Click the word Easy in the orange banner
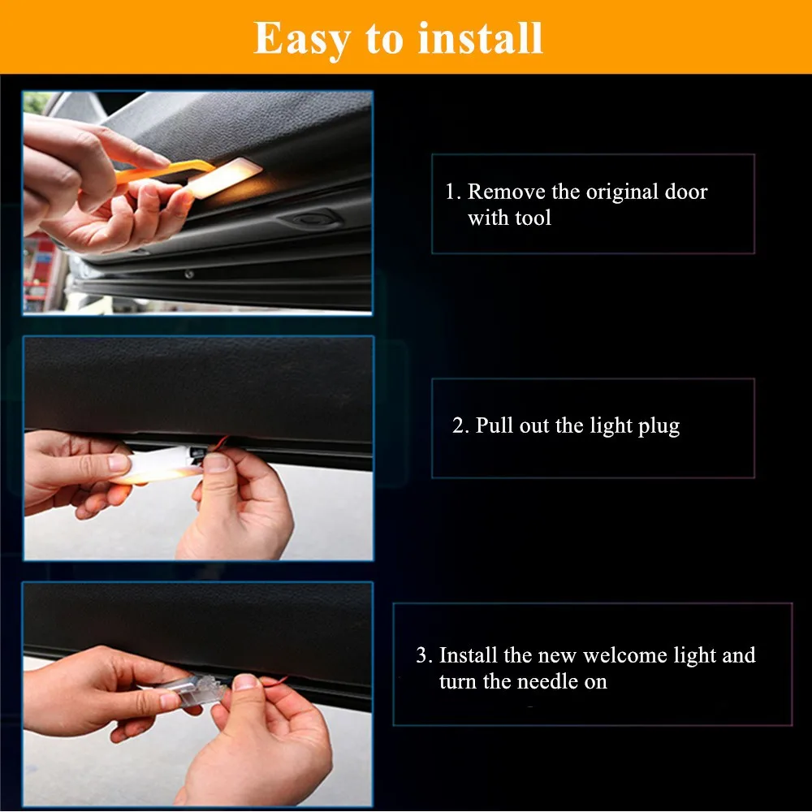tap(302, 39)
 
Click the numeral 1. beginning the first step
tap(453, 192)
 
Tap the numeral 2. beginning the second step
tap(460, 425)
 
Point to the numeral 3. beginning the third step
tap(424, 655)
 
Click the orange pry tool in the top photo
tap(165, 171)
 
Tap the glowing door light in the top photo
tap(225, 178)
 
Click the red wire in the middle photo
tap(221, 444)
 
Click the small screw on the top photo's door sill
tap(189, 274)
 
